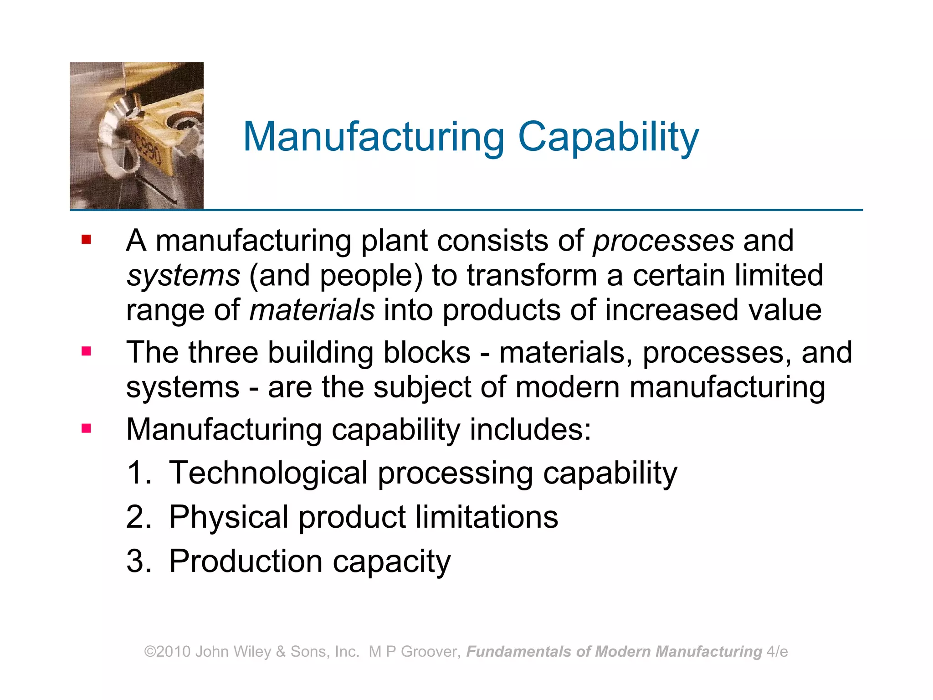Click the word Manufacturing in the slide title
[374, 137]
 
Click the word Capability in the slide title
[608, 137]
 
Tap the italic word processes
[663, 241]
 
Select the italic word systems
[183, 276]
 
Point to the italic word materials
[312, 310]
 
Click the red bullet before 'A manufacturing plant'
[86, 239]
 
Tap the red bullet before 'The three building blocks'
[86, 351]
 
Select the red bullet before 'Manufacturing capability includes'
[86, 428]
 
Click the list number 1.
[138, 473]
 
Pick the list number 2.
[138, 517]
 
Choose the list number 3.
[138, 561]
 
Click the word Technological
[268, 473]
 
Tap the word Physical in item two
[229, 517]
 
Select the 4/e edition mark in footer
[777, 652]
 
